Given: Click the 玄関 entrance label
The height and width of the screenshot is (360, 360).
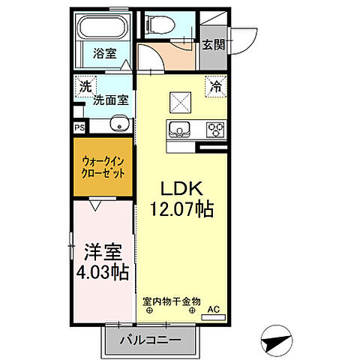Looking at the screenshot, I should (212, 45).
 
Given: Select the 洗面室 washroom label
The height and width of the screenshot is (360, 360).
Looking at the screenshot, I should (109, 100).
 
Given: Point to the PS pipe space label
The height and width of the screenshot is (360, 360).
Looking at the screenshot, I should (79, 127).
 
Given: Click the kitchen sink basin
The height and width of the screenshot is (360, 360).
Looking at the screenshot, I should (179, 129).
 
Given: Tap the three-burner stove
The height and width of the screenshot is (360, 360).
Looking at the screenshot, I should (215, 129).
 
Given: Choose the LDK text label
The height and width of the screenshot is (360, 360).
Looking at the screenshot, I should (180, 188).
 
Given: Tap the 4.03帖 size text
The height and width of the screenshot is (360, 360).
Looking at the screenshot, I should (103, 271).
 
